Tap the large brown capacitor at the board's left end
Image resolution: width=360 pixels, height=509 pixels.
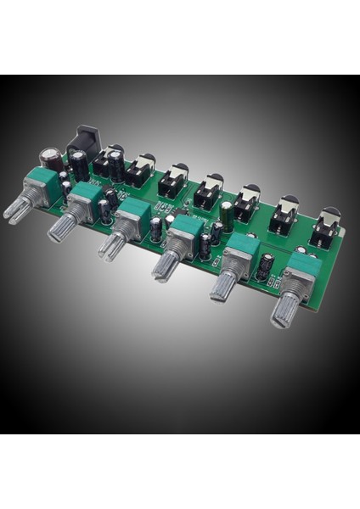(x=49, y=160)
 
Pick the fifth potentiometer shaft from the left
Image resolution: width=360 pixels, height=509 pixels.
(x=229, y=285)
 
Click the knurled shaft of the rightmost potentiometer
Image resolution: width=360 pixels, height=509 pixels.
(x=284, y=309)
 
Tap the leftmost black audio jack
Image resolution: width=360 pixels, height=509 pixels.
(x=109, y=162)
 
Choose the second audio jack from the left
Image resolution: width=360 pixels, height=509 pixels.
(x=139, y=171)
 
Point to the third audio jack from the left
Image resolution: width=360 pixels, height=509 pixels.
(x=173, y=180)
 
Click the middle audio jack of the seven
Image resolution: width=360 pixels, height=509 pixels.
(x=208, y=192)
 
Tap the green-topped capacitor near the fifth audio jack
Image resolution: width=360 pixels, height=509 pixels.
(x=228, y=211)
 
